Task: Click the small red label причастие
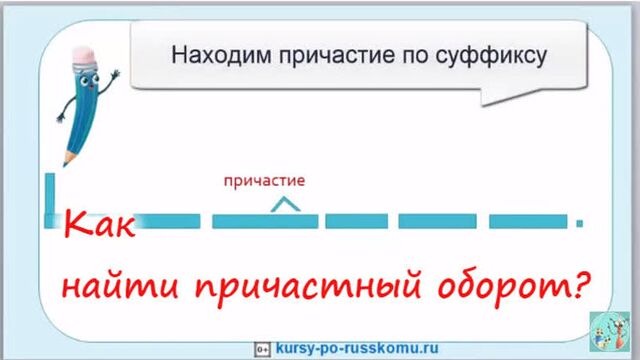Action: (263, 181)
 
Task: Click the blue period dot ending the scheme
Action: (579, 222)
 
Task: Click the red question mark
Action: (577, 288)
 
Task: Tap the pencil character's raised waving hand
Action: (116, 76)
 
